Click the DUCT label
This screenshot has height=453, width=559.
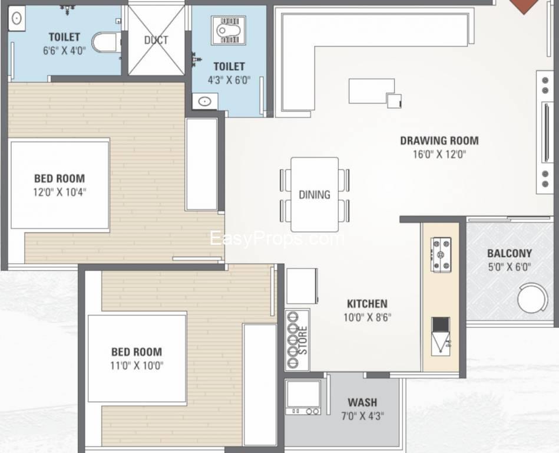156,40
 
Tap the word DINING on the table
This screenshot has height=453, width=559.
315,195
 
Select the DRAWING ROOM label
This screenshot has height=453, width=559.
439,140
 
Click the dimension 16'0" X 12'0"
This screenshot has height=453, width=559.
439,154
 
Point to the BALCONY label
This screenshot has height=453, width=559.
510,254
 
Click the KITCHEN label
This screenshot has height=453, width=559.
367,304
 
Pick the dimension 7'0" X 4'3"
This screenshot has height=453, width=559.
363,416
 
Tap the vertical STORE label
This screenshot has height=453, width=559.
303,340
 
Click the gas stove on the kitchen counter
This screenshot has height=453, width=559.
441,255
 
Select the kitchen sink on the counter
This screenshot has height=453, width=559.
441,336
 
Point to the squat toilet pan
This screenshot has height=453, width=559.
228,30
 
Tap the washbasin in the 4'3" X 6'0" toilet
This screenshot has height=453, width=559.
204,101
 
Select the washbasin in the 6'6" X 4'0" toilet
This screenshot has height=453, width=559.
16,18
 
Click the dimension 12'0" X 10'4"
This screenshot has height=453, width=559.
60,192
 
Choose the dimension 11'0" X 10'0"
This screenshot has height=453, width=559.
137,366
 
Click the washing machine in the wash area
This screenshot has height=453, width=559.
303,397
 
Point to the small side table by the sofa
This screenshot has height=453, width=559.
394,101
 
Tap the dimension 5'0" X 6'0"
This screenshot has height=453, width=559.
510,267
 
